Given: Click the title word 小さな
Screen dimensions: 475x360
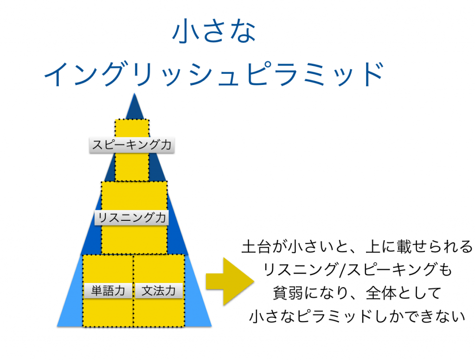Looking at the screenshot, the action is coord(214,31).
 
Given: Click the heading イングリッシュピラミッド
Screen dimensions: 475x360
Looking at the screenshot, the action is coord(214,74).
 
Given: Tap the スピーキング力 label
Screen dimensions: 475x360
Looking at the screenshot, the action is coord(132,145).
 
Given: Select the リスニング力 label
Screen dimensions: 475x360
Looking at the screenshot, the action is coord(131,218).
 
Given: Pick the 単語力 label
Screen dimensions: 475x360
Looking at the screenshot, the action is coord(108,290).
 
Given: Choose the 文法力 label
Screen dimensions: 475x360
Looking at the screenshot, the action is coord(159,290).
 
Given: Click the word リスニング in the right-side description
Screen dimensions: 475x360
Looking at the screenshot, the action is coord(301,270).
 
